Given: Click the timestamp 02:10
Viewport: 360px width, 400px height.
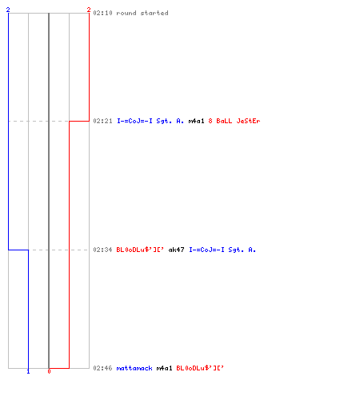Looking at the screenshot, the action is (102, 13).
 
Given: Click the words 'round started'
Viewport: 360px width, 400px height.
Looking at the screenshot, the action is (142, 13).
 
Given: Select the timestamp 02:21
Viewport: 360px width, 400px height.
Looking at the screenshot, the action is (102, 121).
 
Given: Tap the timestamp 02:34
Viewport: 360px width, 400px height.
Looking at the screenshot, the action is (102, 250).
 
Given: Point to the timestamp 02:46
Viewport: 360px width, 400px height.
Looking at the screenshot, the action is (102, 368).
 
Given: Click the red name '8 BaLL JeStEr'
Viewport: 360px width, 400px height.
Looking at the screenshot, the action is (234, 121).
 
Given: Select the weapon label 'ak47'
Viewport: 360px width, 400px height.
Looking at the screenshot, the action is (176, 250).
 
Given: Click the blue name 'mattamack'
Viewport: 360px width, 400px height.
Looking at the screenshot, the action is (134, 368).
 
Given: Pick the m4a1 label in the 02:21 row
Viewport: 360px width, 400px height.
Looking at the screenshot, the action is (196, 121).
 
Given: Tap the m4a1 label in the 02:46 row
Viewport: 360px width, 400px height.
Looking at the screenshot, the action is (164, 368).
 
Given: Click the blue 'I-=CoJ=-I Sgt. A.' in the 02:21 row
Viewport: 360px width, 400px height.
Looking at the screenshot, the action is (150, 121).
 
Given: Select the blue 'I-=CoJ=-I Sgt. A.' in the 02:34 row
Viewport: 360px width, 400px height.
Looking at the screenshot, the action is (222, 250).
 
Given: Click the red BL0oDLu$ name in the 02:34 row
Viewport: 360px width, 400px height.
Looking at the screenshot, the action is (140, 250).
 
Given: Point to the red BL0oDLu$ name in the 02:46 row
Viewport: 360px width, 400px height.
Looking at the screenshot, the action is (200, 368).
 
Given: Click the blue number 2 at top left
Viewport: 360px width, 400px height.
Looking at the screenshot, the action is (8, 10).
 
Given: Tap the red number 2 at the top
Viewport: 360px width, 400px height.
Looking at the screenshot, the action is (89, 10).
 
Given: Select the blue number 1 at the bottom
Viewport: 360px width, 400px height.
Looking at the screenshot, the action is (28, 371).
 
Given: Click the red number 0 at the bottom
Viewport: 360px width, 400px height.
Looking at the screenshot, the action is (49, 371).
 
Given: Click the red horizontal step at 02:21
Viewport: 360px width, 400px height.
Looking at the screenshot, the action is (79, 121).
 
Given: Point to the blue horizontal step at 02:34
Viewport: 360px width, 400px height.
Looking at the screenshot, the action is (18, 250).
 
